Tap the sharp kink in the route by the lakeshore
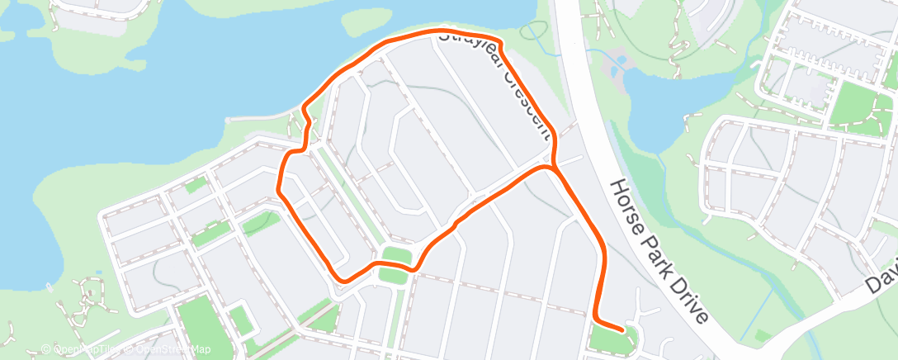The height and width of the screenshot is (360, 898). tap(306, 107)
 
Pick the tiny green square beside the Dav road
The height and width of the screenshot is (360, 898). tap(763, 335)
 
